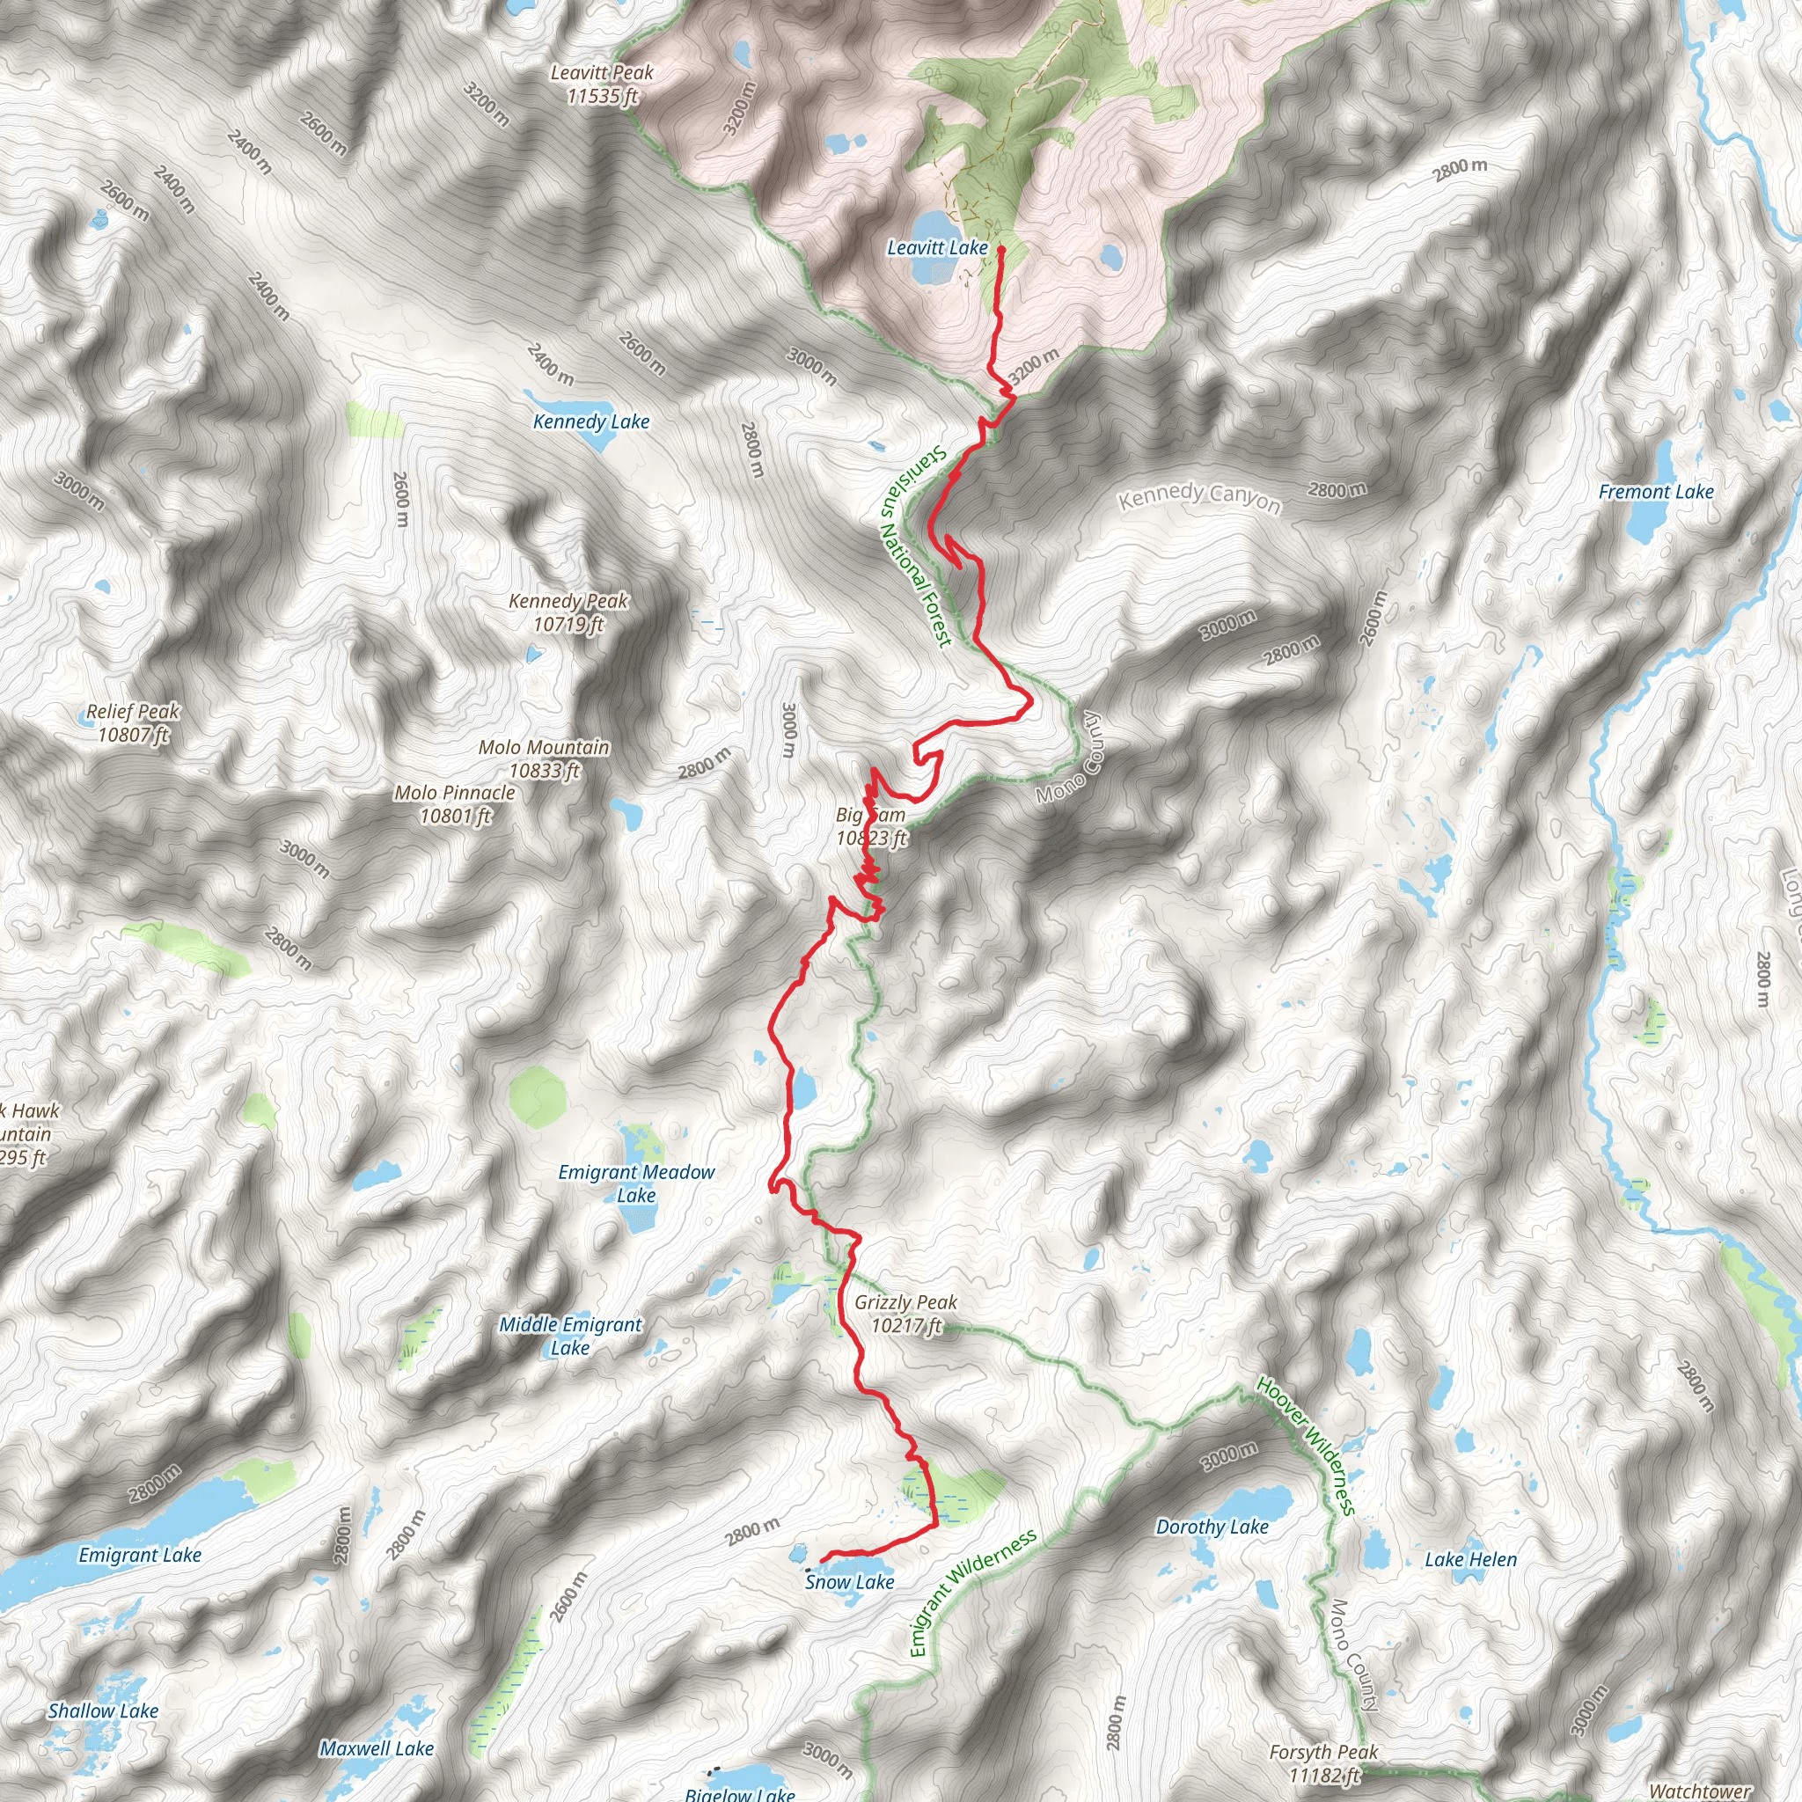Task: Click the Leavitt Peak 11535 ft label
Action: [x=602, y=84]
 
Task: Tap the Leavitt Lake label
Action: [x=936, y=248]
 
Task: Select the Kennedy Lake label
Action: [x=591, y=421]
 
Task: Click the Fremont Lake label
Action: [x=1656, y=492]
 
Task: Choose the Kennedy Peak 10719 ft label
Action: [x=568, y=612]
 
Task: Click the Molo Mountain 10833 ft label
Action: [x=544, y=758]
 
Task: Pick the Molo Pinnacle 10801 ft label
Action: [x=454, y=804]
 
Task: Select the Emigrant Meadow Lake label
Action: [x=636, y=1183]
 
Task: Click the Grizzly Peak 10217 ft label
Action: [x=905, y=1314]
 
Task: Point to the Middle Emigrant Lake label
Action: [x=570, y=1336]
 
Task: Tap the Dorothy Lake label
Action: [x=1212, y=1527]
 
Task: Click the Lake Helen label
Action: [x=1470, y=1559]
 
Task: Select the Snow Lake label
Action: [x=849, y=1582]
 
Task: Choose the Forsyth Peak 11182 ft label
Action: [x=1322, y=1764]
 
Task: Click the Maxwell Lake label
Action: [x=377, y=1749]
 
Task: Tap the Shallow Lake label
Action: [x=103, y=1710]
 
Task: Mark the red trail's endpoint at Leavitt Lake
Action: [x=1000, y=249]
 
